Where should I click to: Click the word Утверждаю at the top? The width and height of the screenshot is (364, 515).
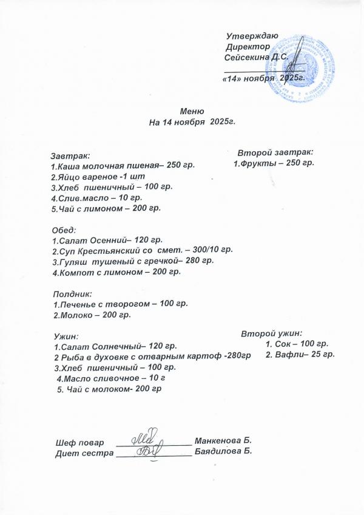pyautogui.click(x=252, y=36)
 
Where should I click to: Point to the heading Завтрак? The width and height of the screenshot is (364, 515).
pyautogui.click(x=70, y=155)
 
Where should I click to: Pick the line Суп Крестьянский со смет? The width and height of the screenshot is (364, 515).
pyautogui.click(x=142, y=250)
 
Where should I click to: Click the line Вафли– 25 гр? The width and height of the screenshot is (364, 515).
pyautogui.click(x=300, y=355)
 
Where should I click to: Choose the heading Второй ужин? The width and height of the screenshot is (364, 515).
pyautogui.click(x=272, y=333)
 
